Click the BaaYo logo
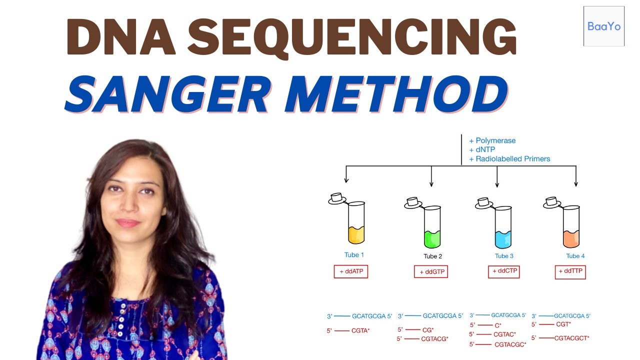point(604,26)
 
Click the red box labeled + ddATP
point(351,271)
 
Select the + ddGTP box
point(431,271)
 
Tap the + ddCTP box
point(503,271)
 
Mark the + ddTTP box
point(570,271)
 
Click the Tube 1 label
point(354,255)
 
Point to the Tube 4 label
point(575,256)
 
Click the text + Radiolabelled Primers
point(509,159)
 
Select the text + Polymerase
point(492,141)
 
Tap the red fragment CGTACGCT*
point(571,338)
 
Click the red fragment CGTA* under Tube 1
point(360,330)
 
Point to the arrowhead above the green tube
point(431,184)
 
